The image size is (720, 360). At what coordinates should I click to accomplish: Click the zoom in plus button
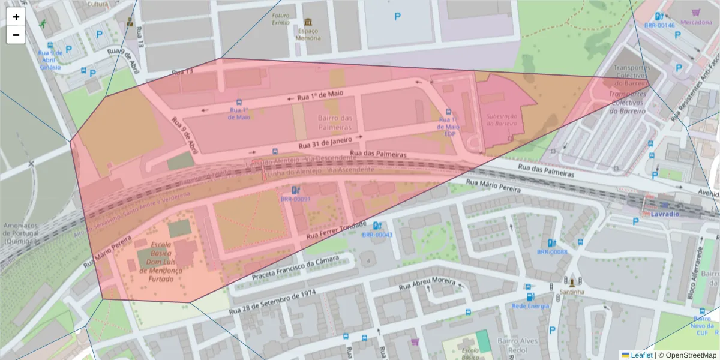16,17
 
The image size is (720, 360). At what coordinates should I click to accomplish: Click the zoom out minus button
16,35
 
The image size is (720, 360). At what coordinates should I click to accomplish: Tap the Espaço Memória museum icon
308,22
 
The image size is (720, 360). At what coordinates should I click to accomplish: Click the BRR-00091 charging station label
295,199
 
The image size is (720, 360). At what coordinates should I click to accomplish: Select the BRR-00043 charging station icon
377,226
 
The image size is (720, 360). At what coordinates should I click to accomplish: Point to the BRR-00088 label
552,252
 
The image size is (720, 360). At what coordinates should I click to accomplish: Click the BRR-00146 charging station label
659,26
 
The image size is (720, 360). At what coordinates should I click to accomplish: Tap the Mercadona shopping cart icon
696,12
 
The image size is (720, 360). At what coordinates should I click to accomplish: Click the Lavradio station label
665,214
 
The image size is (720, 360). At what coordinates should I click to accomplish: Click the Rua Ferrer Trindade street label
337,231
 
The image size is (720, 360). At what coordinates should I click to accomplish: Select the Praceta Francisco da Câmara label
295,268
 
